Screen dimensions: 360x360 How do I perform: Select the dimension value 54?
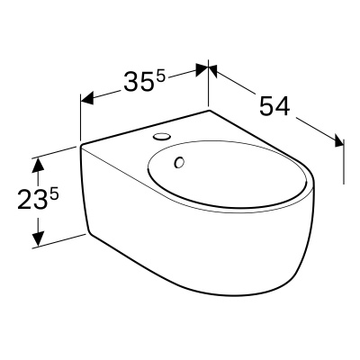click(275, 106)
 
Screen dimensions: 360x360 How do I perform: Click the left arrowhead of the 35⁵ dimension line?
click(86, 98)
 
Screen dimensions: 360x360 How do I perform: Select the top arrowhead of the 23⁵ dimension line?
click(38, 163)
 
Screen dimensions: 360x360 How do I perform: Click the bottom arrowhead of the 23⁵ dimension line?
click(38, 240)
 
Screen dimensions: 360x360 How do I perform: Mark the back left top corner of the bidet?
click(81, 144)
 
